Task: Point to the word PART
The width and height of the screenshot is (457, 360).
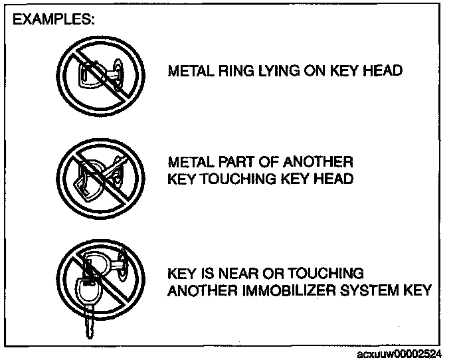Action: pos(234,163)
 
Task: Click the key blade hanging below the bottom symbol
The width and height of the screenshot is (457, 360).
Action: pos(87,327)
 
